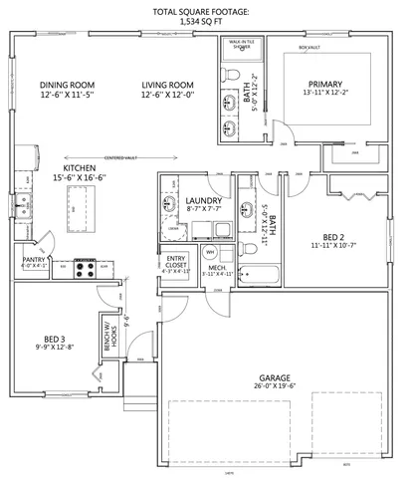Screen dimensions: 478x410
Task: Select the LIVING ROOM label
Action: pos(167,86)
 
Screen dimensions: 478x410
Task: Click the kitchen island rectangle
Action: pos(73,203)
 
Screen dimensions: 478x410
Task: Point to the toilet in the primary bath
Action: pos(231,75)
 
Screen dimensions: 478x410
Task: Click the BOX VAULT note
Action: pos(310,47)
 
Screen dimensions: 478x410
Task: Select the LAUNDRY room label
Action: pos(203,202)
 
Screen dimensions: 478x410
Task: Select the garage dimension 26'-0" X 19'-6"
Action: pos(274,388)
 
